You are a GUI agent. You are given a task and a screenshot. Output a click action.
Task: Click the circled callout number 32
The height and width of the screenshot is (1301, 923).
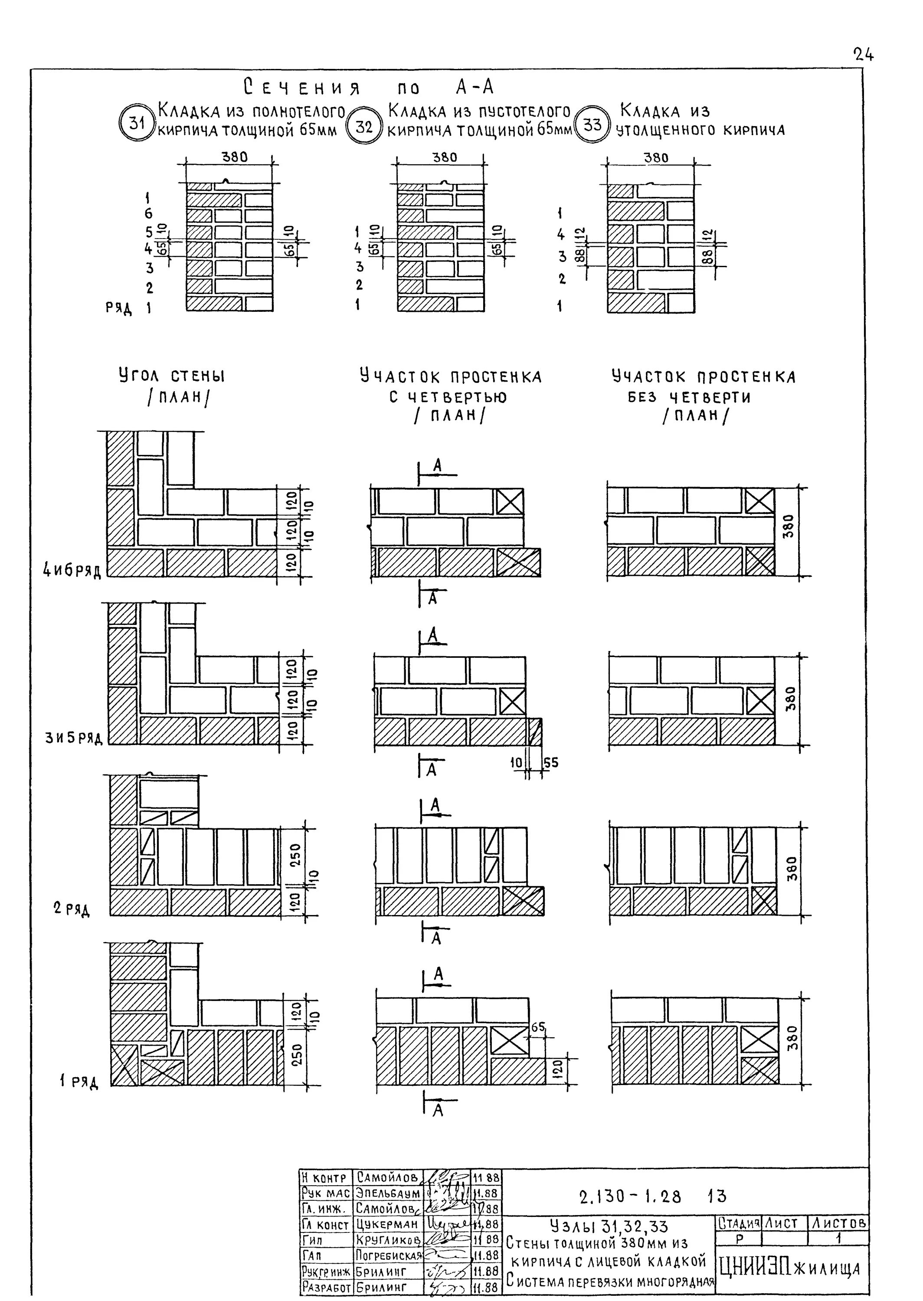tap(364, 127)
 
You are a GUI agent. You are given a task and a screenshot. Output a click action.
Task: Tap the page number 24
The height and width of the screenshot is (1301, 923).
tap(863, 55)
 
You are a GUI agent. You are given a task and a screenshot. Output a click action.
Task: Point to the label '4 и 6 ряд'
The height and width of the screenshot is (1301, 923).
tap(72, 570)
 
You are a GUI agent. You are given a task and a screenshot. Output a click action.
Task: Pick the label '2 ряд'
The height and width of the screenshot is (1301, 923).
tap(72, 909)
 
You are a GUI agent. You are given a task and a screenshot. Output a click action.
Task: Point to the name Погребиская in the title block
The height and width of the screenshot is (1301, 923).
tap(389, 1255)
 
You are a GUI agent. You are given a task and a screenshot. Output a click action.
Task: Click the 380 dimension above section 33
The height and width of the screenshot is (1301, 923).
tap(656, 157)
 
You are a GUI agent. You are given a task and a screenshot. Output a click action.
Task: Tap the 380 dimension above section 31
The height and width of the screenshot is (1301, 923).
tap(234, 157)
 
